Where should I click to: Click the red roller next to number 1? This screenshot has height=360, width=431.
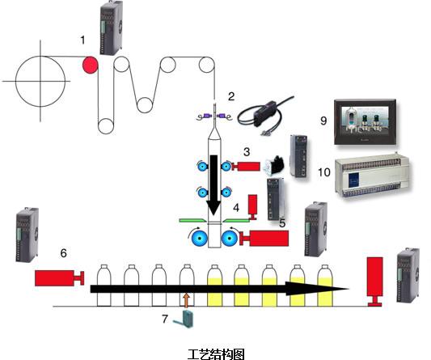(x=91, y=65)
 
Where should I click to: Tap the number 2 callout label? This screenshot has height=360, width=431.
(x=231, y=96)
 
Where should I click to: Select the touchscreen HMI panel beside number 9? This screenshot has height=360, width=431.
(x=366, y=122)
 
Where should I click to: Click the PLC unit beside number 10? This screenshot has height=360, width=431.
(x=373, y=176)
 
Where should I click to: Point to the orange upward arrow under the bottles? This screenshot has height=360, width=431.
(x=187, y=300)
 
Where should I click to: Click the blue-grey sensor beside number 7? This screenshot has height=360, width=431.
(x=184, y=319)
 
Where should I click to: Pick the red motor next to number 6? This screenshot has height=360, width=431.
(x=59, y=277)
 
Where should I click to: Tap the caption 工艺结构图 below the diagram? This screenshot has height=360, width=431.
(x=216, y=354)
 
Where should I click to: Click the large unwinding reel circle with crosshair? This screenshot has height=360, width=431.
(x=40, y=81)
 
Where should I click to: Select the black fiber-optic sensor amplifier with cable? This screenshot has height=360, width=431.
(x=265, y=115)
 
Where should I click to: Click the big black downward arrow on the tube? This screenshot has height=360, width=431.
(x=213, y=184)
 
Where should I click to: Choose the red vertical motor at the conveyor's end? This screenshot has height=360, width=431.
(x=375, y=282)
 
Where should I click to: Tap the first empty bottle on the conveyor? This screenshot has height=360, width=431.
(x=104, y=286)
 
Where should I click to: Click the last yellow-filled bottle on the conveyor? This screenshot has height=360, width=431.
(x=325, y=286)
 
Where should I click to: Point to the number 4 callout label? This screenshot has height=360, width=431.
(x=236, y=208)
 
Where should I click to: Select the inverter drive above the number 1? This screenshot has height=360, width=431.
(x=111, y=28)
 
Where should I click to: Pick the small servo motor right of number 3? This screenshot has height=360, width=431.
(x=273, y=165)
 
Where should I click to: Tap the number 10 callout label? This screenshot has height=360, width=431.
(x=323, y=172)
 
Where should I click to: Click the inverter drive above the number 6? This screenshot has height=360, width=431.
(x=27, y=235)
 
